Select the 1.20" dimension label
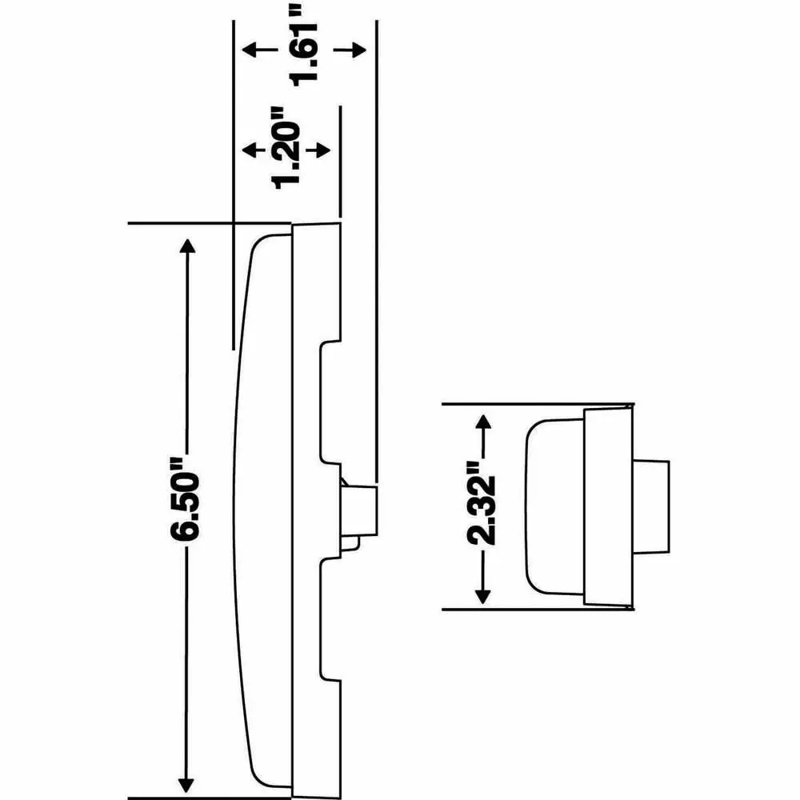pyautogui.click(x=286, y=148)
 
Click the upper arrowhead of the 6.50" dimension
pyautogui.click(x=188, y=246)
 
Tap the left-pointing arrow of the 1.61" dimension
pyautogui.click(x=259, y=50)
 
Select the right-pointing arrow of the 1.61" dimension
pyautogui.click(x=350, y=50)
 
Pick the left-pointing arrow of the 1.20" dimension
pyautogui.click(x=254, y=150)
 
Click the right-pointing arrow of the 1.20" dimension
pyautogui.click(x=318, y=150)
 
